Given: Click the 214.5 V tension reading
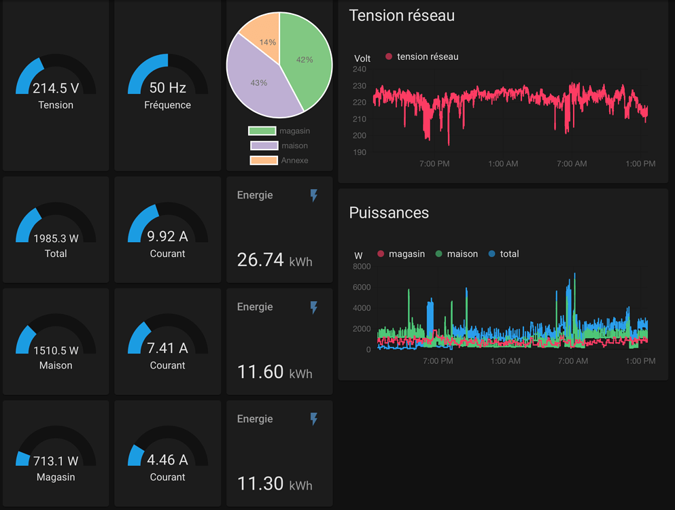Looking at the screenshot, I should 56,88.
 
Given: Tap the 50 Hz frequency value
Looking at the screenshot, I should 167,88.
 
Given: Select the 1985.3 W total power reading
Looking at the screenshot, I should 56,238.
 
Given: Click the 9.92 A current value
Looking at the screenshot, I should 167,237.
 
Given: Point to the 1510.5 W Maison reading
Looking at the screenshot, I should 56,350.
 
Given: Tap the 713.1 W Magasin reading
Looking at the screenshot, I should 56,462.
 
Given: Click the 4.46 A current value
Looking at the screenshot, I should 167,460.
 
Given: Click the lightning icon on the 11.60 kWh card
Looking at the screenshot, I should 313,307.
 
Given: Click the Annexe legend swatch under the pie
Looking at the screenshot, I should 264,160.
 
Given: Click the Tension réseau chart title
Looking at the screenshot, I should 402,16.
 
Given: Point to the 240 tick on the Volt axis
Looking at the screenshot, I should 360,69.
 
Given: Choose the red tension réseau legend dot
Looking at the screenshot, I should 389,56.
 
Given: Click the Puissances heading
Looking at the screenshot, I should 389,213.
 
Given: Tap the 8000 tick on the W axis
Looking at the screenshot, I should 362,267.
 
